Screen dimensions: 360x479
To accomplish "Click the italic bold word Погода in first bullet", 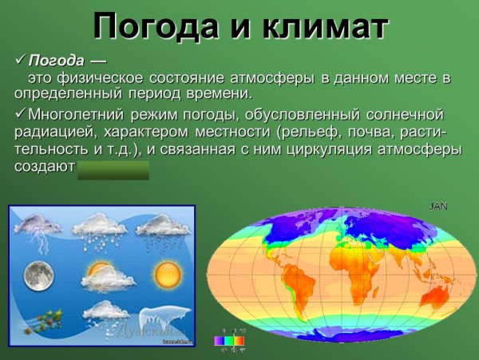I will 56,61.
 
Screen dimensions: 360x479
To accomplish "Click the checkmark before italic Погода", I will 21,61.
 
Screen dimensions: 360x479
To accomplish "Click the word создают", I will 44,167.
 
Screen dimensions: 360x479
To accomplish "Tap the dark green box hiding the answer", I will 113,169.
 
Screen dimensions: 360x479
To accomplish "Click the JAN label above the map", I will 438,206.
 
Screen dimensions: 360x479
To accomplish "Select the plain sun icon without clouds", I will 168,275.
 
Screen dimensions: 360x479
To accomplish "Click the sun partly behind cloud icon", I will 101,275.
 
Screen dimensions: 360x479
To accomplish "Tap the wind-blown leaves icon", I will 37,321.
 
